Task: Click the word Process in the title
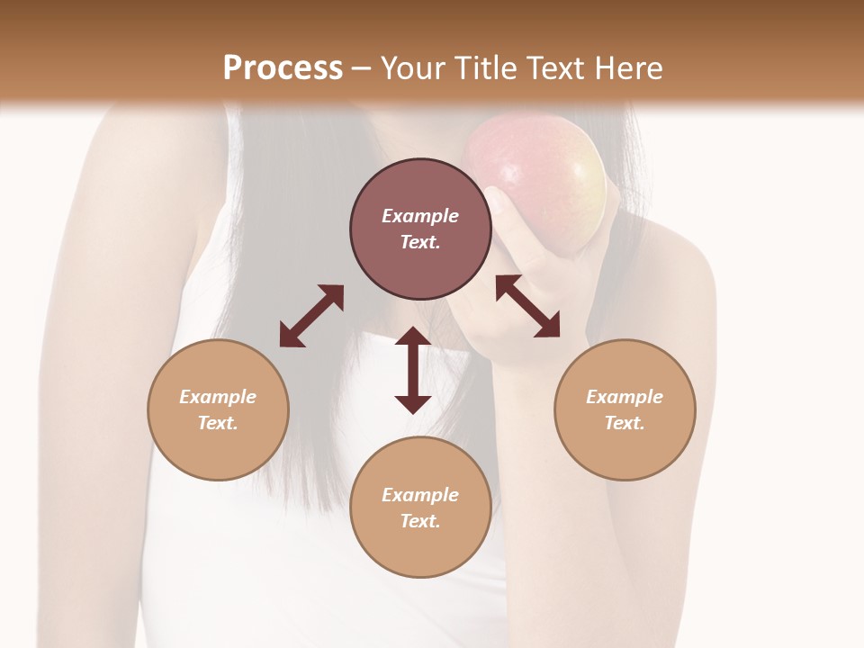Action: point(283,68)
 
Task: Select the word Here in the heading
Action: point(627,68)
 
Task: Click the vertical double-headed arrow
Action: point(413,370)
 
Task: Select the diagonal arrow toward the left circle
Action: point(311,316)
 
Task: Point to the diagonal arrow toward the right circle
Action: point(527,306)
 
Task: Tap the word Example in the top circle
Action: point(420,216)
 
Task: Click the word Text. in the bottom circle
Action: point(420,521)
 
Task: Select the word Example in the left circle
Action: point(218,397)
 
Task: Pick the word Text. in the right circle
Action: point(625,423)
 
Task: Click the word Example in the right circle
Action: point(625,397)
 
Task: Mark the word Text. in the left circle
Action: point(218,423)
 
